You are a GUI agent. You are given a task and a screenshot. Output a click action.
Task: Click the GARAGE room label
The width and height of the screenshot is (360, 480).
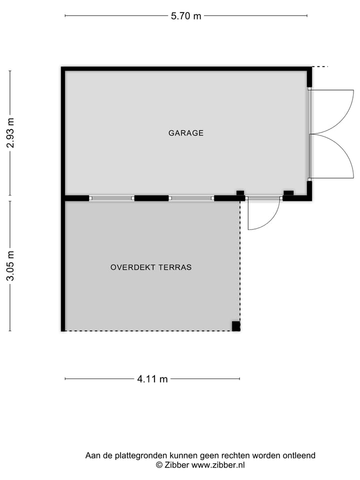[186, 133]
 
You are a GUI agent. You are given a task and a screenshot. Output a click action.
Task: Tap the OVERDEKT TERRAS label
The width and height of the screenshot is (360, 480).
[151, 267]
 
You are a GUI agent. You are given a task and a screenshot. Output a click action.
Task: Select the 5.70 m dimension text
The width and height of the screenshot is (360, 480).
[186, 16]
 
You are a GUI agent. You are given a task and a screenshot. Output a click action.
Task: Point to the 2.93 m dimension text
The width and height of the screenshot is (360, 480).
[10, 132]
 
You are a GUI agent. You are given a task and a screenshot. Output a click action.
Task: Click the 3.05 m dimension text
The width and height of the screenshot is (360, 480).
[10, 265]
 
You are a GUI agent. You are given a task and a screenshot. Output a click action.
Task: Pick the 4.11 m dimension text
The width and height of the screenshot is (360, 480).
[152, 379]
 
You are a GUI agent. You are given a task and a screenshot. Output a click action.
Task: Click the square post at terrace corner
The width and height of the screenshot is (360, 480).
[235, 326]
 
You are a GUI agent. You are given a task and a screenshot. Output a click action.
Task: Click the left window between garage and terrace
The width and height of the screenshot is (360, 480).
[111, 198]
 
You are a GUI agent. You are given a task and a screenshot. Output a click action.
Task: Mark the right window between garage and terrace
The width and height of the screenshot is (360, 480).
[191, 198]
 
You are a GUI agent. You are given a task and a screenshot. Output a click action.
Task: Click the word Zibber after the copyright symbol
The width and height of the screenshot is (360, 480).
[177, 465]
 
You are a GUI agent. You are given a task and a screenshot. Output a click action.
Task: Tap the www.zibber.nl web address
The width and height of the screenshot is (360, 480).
[218, 465]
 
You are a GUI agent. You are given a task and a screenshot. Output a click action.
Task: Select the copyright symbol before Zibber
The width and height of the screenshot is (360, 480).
[159, 465]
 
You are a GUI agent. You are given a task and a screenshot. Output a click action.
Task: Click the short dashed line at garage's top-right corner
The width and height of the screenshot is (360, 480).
[320, 66]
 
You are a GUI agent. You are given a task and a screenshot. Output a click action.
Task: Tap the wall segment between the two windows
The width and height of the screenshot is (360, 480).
[151, 198]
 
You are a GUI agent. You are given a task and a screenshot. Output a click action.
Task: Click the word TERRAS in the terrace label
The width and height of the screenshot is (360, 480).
[175, 267]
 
